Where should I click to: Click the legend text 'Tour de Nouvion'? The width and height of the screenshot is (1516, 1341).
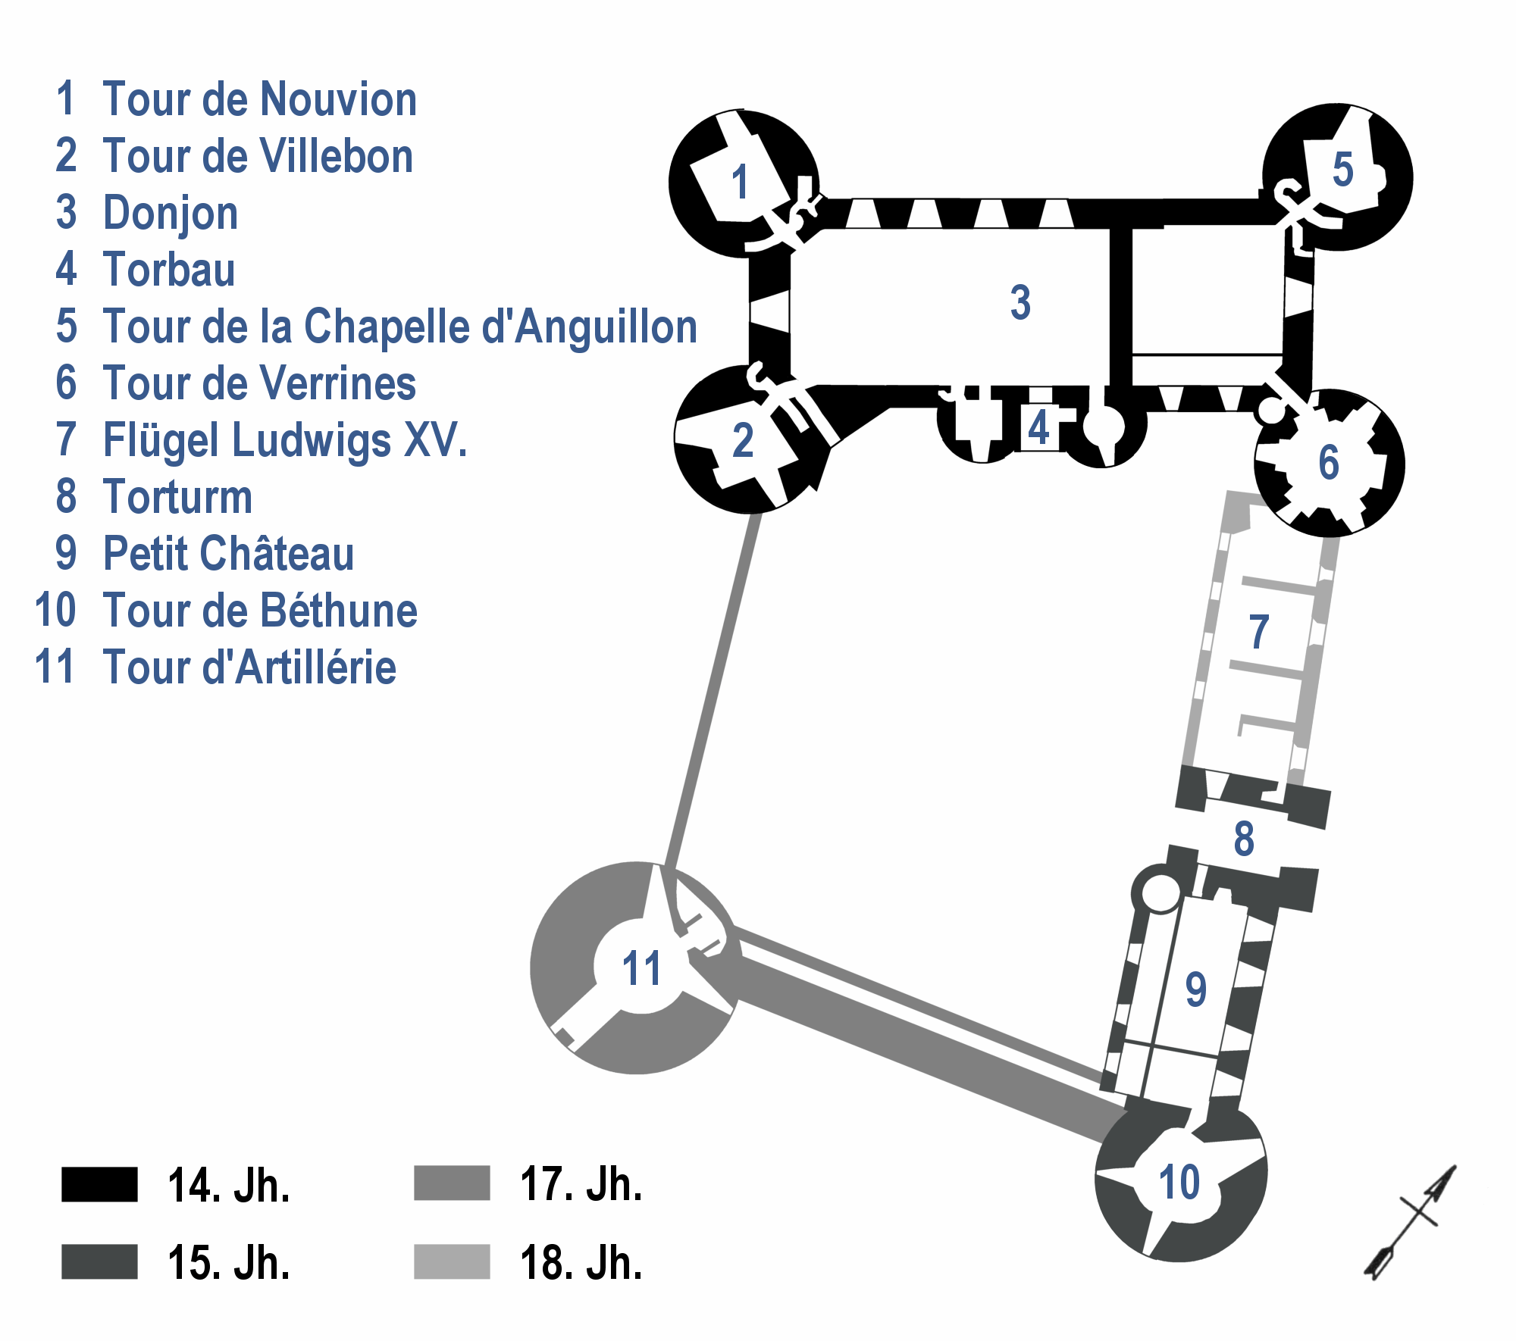tap(259, 100)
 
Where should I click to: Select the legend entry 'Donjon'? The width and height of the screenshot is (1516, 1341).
tap(171, 213)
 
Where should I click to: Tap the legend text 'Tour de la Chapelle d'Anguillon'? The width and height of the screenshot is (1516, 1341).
tap(399, 327)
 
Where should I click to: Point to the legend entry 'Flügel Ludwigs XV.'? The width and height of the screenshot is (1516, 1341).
tap(285, 440)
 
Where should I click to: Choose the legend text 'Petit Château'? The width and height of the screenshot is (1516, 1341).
tap(228, 554)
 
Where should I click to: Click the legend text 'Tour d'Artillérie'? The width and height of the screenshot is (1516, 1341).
tap(249, 667)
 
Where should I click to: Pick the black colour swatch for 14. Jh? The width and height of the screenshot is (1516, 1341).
tap(99, 1184)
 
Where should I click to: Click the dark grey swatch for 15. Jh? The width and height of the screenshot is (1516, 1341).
tap(99, 1261)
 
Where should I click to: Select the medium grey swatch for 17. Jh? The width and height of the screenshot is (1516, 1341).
tap(452, 1183)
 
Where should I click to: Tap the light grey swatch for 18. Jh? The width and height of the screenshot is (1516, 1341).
tap(452, 1261)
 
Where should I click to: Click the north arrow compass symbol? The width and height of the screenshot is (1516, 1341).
tap(1411, 1221)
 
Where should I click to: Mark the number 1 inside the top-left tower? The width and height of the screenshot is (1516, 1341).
tap(740, 183)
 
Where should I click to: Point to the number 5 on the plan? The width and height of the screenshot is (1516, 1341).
tap(1342, 170)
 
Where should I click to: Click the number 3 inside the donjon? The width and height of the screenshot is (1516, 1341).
tap(1020, 302)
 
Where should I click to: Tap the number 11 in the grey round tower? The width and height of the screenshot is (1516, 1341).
tap(641, 968)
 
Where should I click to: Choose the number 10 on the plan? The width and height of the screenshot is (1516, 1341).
tap(1179, 1182)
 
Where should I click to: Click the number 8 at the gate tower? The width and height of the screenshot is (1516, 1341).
tap(1244, 839)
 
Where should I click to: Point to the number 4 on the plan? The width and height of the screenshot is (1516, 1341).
tap(1038, 428)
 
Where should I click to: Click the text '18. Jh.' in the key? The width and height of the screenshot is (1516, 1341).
tap(581, 1263)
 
